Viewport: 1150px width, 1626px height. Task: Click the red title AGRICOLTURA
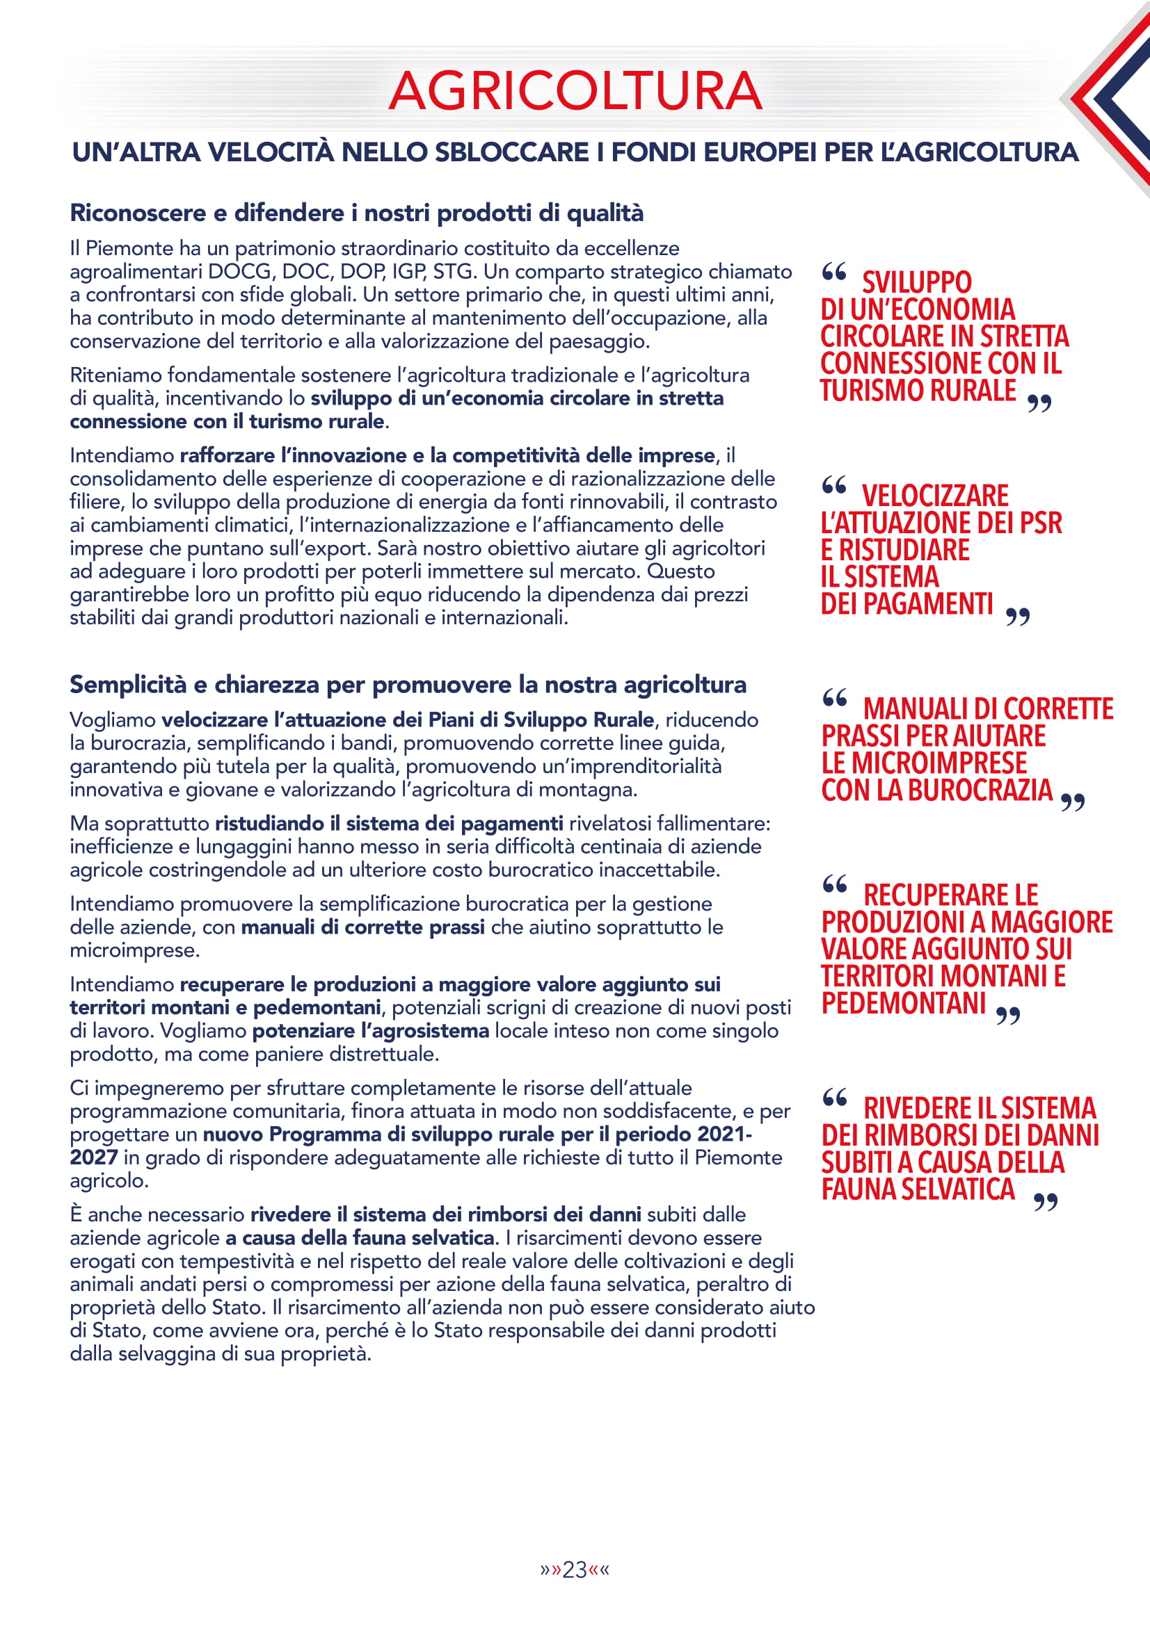click(x=575, y=91)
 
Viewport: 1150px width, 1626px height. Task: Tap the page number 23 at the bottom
click(x=574, y=1570)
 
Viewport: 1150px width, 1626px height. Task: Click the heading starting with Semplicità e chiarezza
click(x=408, y=685)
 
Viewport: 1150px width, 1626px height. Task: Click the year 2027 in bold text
click(x=93, y=1157)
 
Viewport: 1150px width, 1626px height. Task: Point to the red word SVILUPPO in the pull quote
click(x=916, y=282)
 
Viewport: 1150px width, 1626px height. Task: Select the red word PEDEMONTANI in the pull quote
click(x=904, y=1003)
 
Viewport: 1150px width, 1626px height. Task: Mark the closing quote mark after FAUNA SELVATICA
click(x=1045, y=1202)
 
